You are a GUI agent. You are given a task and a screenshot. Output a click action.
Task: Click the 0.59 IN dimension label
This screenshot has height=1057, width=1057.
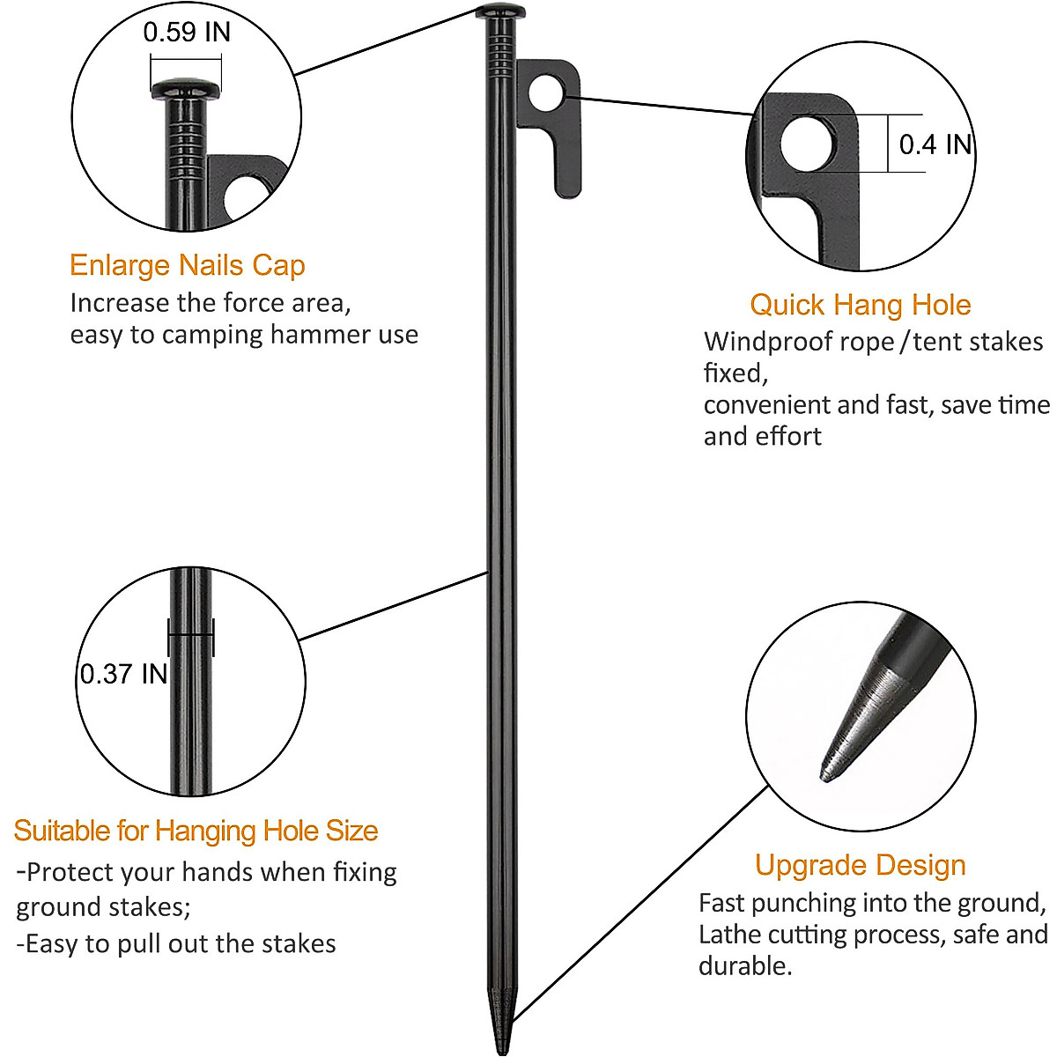pos(187,33)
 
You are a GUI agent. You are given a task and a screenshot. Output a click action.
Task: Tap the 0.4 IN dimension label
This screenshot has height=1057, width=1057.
pos(935,144)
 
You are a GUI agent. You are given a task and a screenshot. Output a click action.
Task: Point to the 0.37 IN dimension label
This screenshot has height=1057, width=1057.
pos(123,674)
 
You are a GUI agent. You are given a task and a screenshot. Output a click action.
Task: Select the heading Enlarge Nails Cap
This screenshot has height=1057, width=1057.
pos(187,265)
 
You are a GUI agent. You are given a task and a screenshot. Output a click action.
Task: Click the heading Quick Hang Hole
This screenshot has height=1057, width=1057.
pos(860,305)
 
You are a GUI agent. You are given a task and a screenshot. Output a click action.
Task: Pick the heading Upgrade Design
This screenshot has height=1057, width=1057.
pos(860,865)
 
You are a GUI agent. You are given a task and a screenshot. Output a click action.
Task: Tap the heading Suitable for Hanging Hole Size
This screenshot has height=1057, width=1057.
pos(196,831)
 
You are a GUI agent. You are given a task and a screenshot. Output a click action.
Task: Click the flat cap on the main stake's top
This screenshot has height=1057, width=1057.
pos(500,11)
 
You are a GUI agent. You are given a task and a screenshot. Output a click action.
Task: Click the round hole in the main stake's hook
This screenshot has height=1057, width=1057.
pos(547,92)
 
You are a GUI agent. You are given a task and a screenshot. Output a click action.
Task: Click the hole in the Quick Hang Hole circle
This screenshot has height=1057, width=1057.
pos(808,144)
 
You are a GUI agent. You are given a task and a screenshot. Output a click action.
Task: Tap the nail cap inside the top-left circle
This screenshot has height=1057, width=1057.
pos(187,89)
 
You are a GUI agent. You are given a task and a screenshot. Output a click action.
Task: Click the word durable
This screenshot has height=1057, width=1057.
pos(744,966)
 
